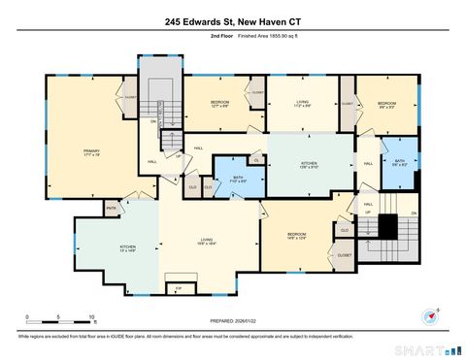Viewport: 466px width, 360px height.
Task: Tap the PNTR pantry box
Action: tap(112, 207)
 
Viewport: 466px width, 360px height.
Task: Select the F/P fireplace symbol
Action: tap(178, 288)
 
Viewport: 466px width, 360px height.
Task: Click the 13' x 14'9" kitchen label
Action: tap(126, 248)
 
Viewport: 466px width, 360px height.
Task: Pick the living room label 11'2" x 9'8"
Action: tap(303, 104)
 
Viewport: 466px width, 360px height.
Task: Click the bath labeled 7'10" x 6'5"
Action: tap(238, 179)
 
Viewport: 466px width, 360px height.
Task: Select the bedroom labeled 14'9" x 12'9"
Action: tap(297, 236)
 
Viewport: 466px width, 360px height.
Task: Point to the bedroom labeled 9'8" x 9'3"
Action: tap(386, 104)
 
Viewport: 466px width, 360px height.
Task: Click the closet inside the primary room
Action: tap(129, 97)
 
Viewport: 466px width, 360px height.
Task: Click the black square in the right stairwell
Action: tap(387, 226)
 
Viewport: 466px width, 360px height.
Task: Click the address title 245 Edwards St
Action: tap(232, 19)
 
